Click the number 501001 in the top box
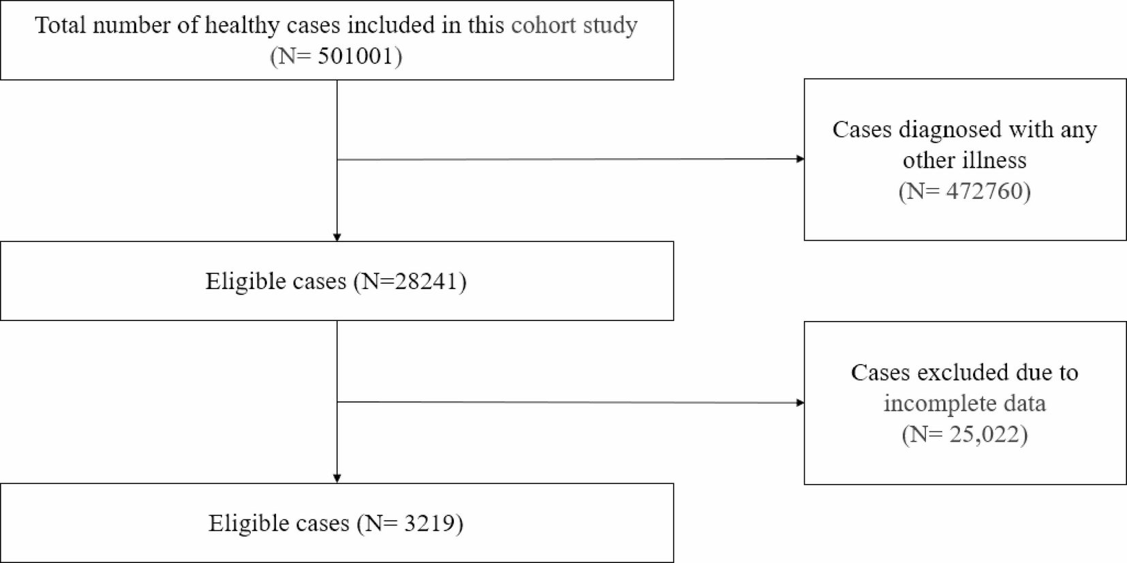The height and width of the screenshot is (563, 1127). (356, 56)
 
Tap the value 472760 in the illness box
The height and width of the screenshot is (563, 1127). (987, 191)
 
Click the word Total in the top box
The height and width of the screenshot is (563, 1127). (61, 25)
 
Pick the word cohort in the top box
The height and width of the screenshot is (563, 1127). (542, 25)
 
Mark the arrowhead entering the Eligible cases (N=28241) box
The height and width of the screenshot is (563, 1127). (337, 237)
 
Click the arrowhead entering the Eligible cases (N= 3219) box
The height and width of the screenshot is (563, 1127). (337, 479)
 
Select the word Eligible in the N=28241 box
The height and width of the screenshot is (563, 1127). (242, 281)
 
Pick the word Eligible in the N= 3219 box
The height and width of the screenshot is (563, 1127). (245, 523)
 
